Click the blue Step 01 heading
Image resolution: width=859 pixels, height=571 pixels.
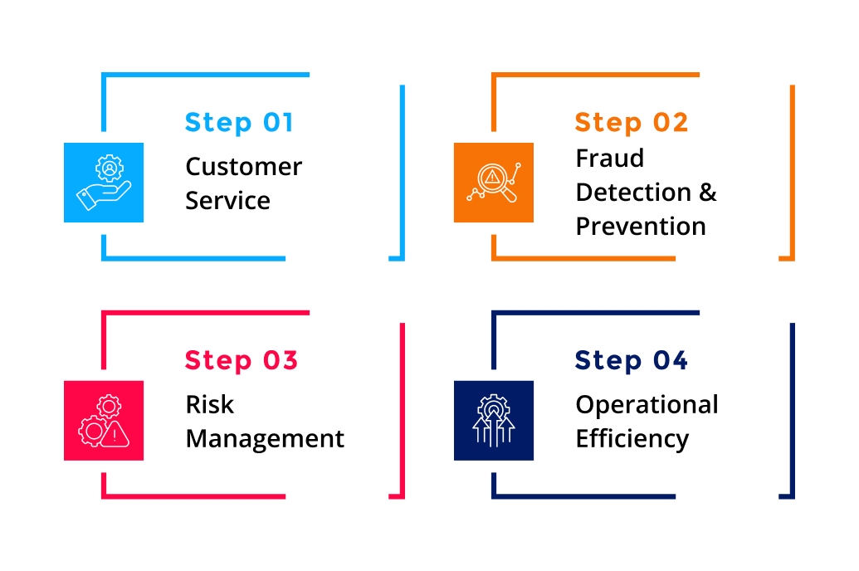pos(239,122)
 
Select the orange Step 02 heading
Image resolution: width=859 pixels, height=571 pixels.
pos(631,122)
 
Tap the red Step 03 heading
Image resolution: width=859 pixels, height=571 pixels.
pos(241,360)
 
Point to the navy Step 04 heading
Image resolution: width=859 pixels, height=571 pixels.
pos(631,360)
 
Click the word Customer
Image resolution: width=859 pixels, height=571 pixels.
pos(243,167)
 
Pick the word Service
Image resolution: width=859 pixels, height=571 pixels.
pos(227,201)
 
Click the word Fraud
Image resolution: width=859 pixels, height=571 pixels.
pos(609,158)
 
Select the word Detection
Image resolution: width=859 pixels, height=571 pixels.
pos(634,192)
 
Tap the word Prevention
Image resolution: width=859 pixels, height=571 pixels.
pos(640,226)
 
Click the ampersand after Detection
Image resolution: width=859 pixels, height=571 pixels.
pos(707,192)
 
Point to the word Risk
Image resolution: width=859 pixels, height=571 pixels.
pos(209,405)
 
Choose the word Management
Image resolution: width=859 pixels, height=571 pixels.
pos(265,439)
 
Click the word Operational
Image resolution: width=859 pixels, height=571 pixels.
pos(647,405)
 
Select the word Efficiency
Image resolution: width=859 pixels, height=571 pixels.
pos(632,439)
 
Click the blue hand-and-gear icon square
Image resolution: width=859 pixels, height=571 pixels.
pos(104,183)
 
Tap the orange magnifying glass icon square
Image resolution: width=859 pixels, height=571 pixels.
pos(494,183)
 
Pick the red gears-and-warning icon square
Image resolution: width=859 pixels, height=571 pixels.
pos(104,421)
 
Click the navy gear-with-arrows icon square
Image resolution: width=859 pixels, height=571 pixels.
pos(494,421)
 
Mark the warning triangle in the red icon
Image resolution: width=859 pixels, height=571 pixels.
pos(116,432)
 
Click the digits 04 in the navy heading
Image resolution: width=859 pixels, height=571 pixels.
pos(670,360)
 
